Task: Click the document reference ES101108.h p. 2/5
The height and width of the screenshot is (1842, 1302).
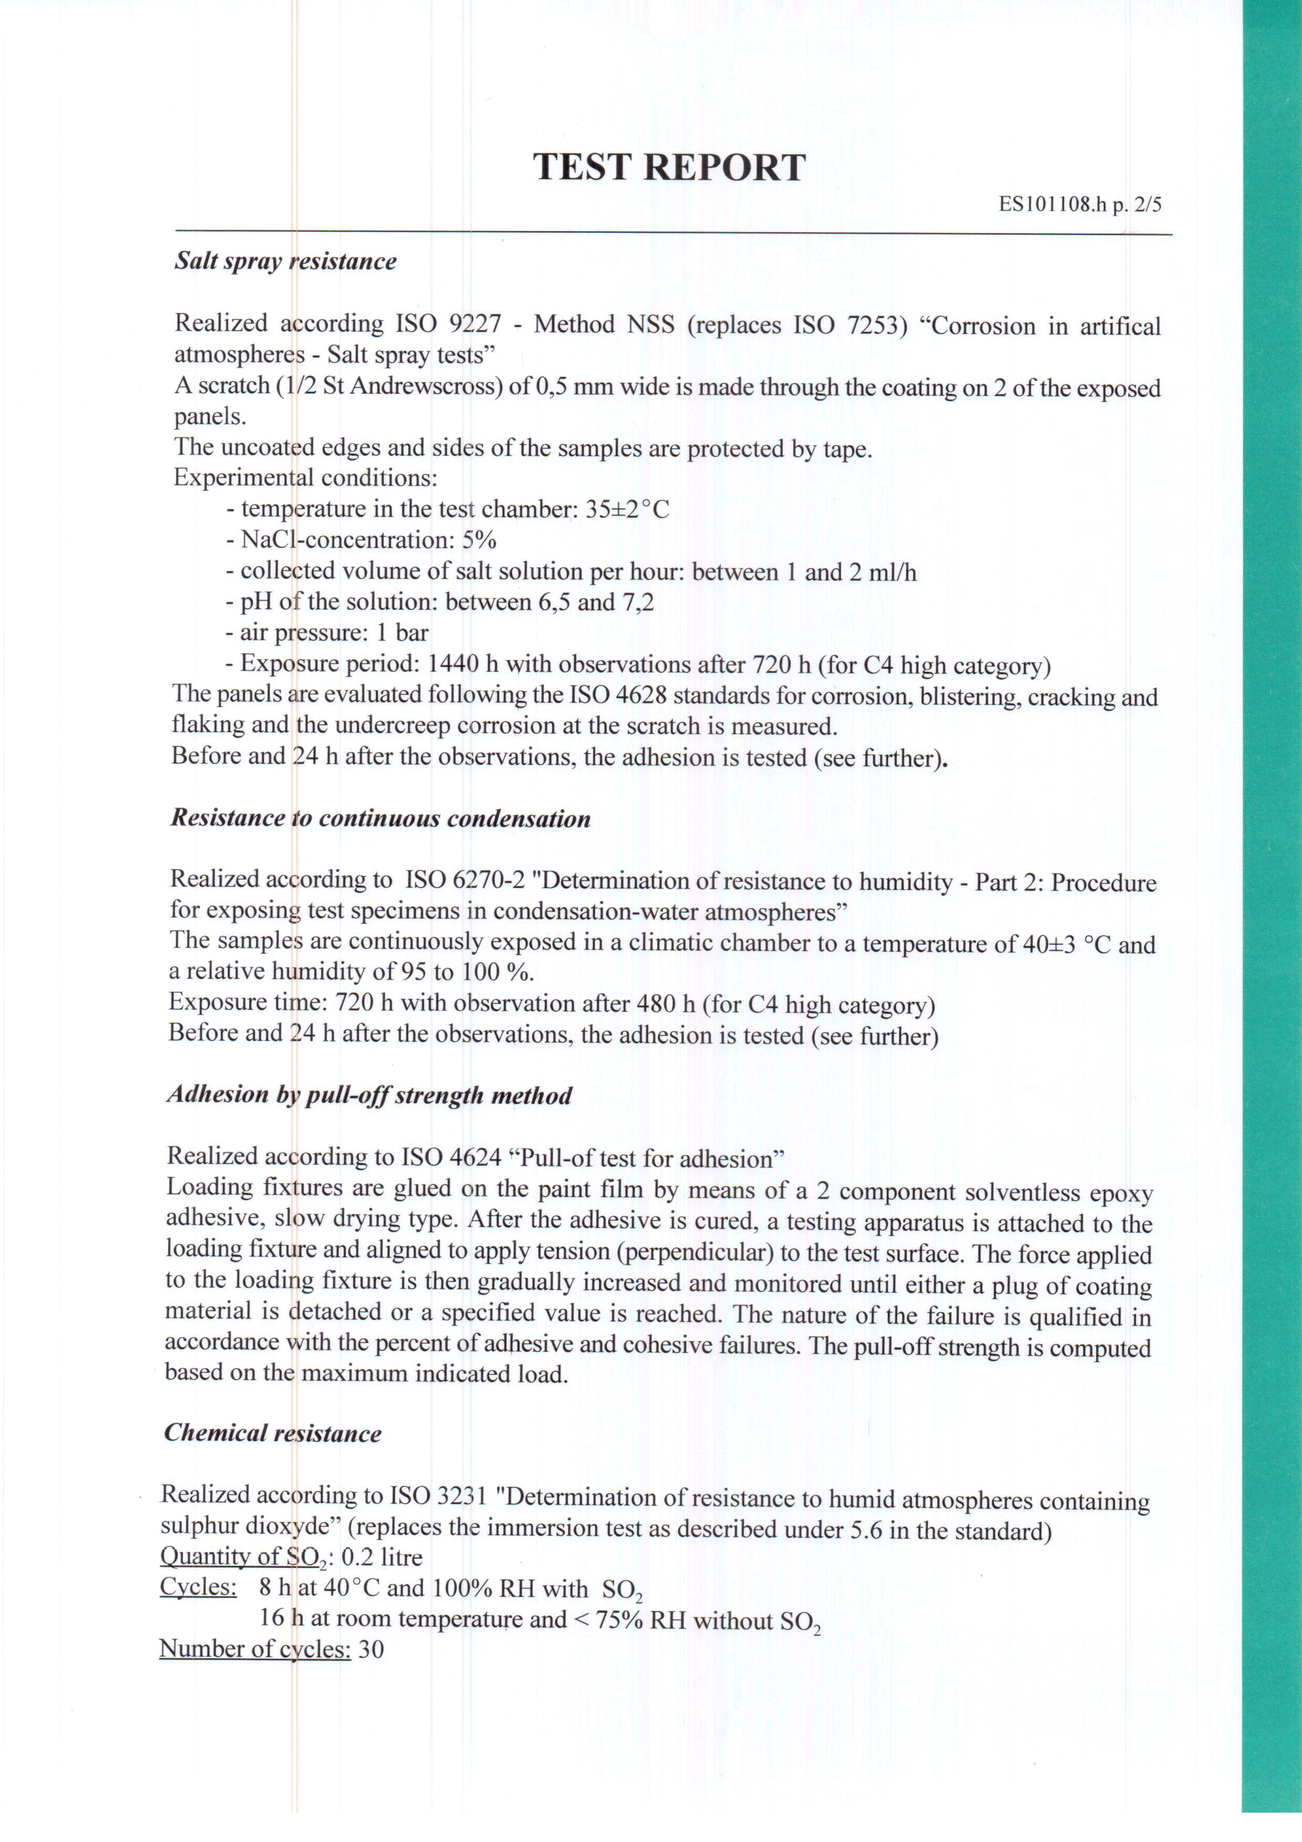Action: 1080,204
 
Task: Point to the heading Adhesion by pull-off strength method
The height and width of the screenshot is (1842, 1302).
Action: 369,1095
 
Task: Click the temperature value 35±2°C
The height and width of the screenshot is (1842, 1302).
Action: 627,510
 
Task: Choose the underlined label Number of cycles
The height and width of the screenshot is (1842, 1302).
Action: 255,1649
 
